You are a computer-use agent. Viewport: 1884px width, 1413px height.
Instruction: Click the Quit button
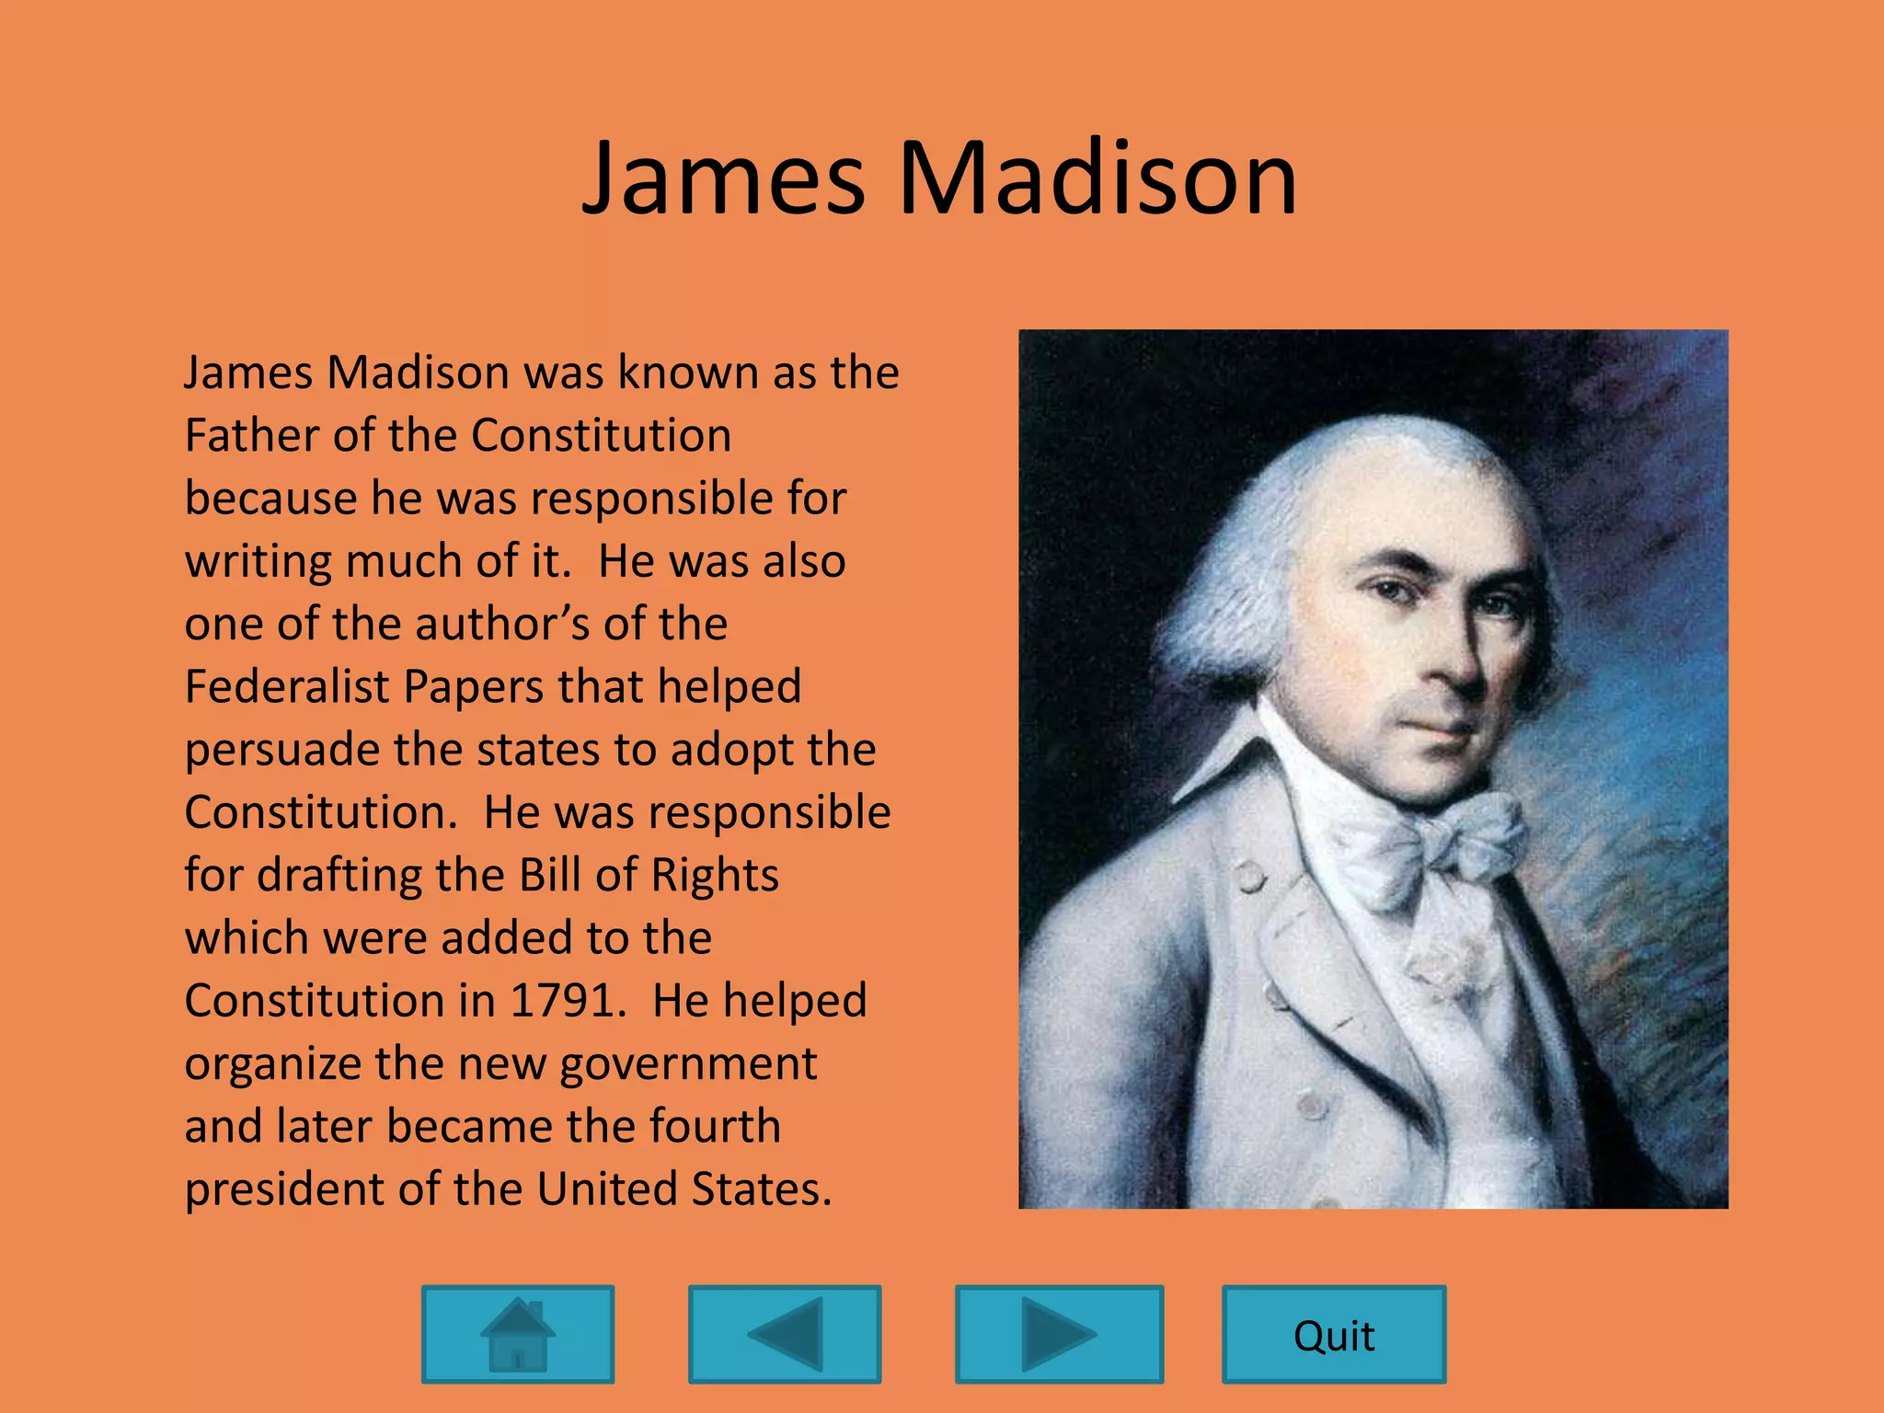coord(1333,1335)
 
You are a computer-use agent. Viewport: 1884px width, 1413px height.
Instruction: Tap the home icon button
coord(518,1335)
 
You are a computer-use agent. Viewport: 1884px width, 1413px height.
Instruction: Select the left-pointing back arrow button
coord(785,1335)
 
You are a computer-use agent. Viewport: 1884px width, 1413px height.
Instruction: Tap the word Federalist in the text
coord(286,686)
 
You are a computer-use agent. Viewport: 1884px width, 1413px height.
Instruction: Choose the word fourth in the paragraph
coord(715,1126)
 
